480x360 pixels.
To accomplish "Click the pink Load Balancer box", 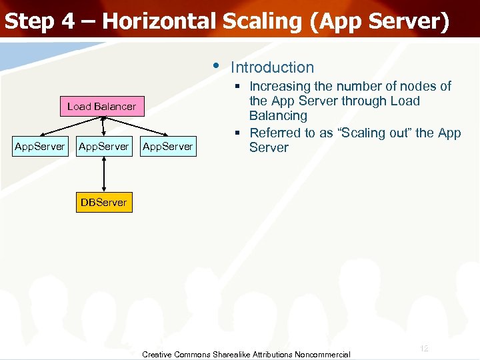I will [101, 107].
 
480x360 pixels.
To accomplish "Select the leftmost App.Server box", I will [40, 146].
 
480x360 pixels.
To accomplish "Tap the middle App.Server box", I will [103, 146].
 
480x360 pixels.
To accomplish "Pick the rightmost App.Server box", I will [167, 146].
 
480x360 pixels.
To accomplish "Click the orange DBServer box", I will [103, 202].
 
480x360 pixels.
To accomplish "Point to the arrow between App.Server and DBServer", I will [103, 174].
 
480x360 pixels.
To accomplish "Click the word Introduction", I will [272, 67].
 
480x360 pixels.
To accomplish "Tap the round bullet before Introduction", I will [215, 65].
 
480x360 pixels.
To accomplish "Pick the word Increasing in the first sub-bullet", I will [280, 87].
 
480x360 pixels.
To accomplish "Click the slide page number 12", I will [424, 349].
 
